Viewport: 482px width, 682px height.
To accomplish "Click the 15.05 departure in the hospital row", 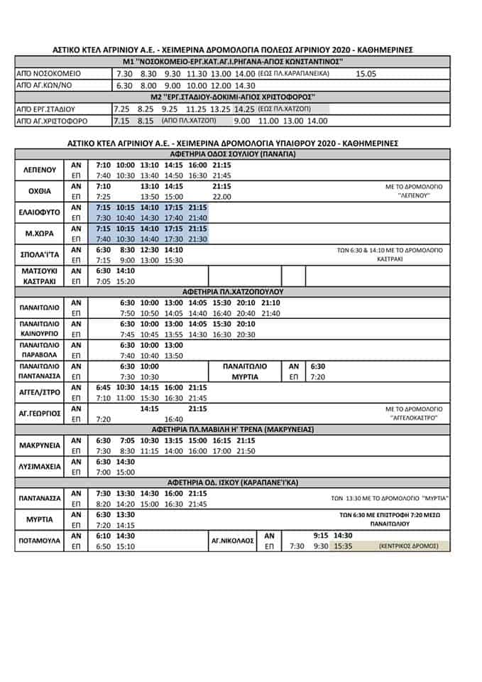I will click(x=366, y=73).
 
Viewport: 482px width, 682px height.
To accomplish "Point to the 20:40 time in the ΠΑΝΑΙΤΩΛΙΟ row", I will click(x=246, y=313).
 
